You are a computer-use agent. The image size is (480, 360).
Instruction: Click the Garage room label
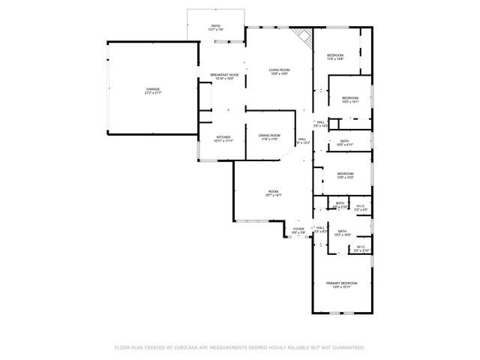153,88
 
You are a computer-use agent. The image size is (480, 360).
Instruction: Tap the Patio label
216,26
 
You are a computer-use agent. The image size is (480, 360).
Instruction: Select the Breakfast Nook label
224,74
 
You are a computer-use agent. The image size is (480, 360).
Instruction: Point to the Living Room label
280,70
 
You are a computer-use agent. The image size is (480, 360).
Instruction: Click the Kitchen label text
223,137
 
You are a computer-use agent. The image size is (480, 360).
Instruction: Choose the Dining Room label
269,135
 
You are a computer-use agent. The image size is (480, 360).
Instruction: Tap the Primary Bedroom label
341,283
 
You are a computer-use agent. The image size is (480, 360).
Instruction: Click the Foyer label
298,229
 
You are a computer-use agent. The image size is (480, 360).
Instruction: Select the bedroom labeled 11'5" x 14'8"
335,55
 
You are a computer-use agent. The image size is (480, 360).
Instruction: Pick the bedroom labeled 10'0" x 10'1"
351,98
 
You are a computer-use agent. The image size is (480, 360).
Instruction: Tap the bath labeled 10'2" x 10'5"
342,231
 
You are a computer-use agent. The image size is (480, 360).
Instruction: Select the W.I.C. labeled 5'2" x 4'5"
361,205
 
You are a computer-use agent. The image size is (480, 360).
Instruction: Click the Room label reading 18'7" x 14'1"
273,191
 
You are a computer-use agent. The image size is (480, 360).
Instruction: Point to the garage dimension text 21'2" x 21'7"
153,93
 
